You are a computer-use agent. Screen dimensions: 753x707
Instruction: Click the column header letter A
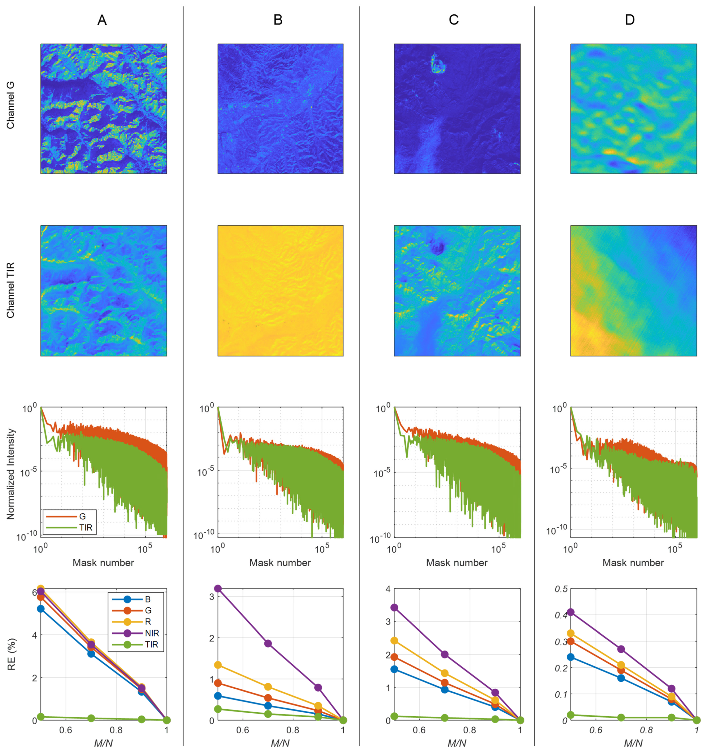pyautogui.click(x=102, y=20)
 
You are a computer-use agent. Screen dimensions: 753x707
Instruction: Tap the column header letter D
pyautogui.click(x=629, y=20)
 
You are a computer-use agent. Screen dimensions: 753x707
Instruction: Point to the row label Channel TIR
pyautogui.click(x=10, y=290)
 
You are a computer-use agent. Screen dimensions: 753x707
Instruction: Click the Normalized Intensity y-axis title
pyautogui.click(x=10, y=474)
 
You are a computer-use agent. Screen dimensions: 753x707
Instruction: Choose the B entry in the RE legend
pyautogui.click(x=148, y=599)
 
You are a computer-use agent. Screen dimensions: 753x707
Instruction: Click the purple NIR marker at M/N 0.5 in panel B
pyautogui.click(x=218, y=589)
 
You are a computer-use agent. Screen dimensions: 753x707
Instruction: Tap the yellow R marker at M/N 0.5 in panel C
pyautogui.click(x=394, y=641)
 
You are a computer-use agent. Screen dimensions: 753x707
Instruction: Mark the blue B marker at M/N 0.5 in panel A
pyautogui.click(x=41, y=609)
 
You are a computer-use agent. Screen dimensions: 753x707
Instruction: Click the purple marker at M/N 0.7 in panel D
pyautogui.click(x=621, y=649)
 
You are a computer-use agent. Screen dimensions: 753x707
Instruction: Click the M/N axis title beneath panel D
pyautogui.click(x=633, y=743)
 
